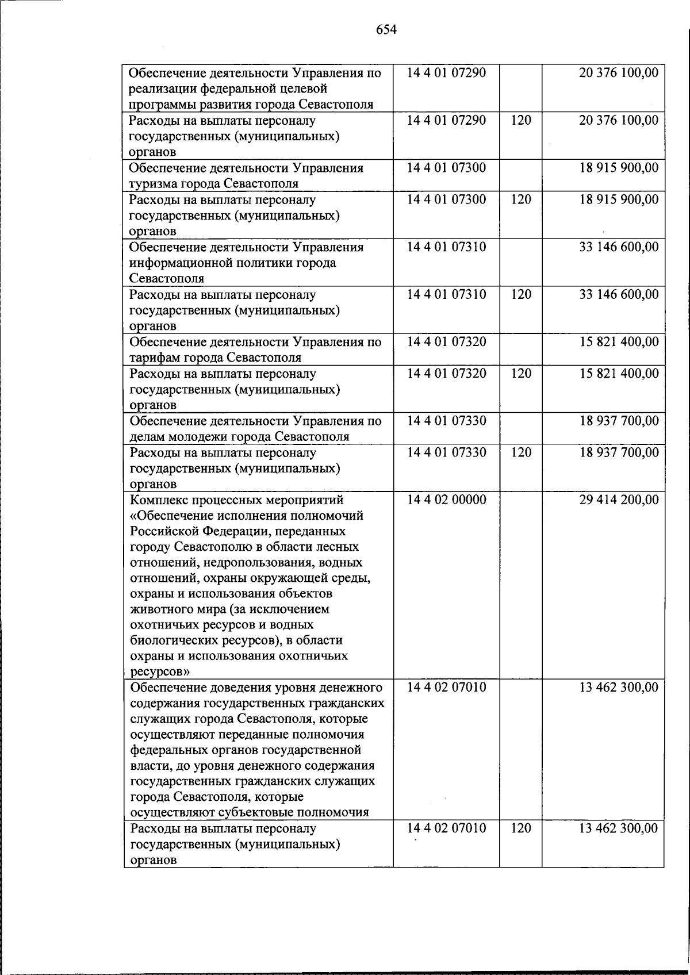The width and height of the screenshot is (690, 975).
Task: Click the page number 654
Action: point(386,29)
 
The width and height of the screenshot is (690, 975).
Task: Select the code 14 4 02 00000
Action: point(446,500)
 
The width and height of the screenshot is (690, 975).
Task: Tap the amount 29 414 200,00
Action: point(619,500)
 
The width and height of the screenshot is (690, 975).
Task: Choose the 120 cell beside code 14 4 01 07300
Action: point(520,199)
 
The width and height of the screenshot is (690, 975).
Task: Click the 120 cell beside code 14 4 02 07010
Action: point(520,828)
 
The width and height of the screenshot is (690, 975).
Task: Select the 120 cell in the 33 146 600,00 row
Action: point(520,294)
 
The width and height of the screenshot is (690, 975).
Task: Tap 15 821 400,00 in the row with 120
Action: point(619,374)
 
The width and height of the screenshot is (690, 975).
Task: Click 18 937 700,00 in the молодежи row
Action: point(619,421)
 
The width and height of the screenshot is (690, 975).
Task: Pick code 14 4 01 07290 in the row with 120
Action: point(446,121)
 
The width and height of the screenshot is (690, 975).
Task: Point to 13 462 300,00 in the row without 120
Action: point(619,688)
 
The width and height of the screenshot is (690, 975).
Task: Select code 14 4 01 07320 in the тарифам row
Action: point(446,342)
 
